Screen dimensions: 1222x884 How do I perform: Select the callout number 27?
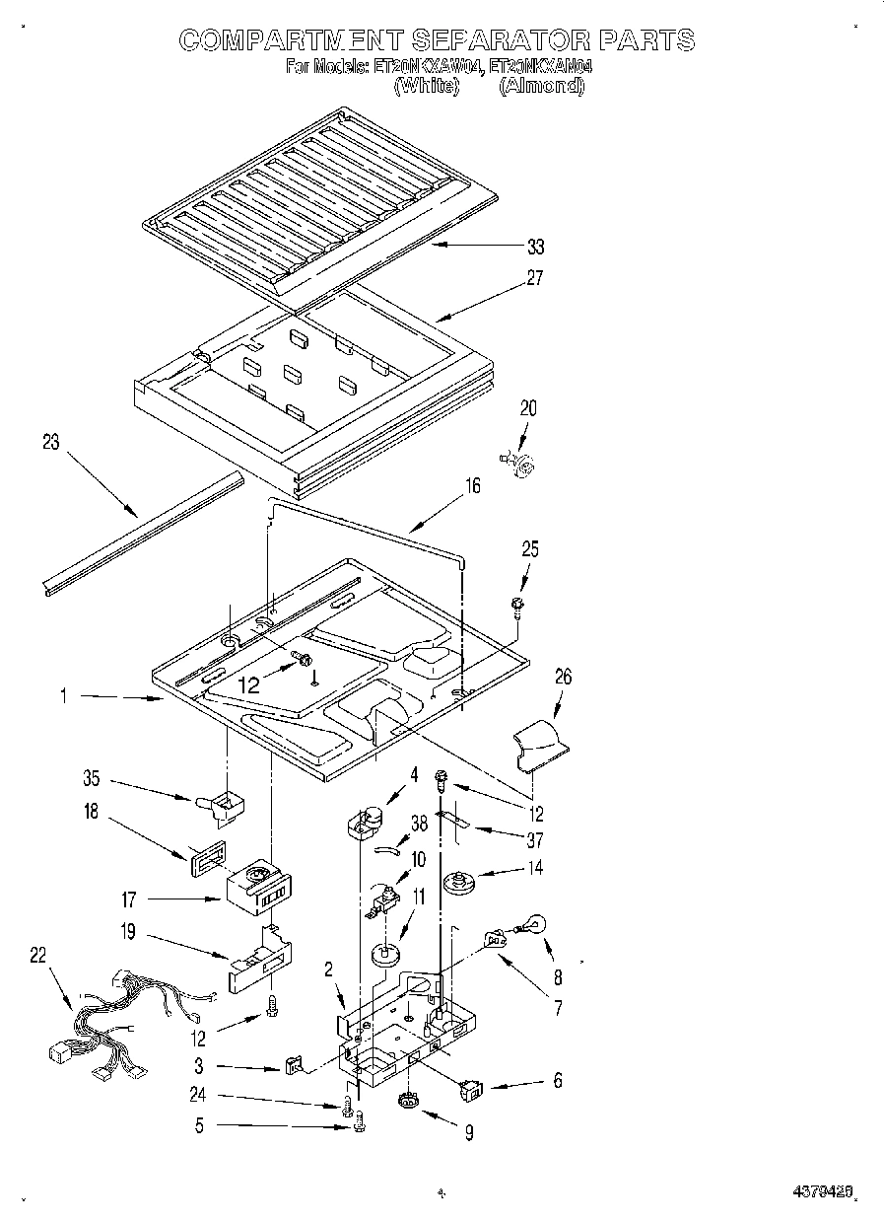[x=535, y=278]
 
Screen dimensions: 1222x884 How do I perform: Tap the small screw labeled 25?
[x=516, y=604]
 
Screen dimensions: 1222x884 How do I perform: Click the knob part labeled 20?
[x=521, y=462]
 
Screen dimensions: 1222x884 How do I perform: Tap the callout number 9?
[x=468, y=1134]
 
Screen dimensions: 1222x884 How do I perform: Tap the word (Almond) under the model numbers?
[x=541, y=87]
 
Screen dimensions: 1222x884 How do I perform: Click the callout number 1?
[x=64, y=696]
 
